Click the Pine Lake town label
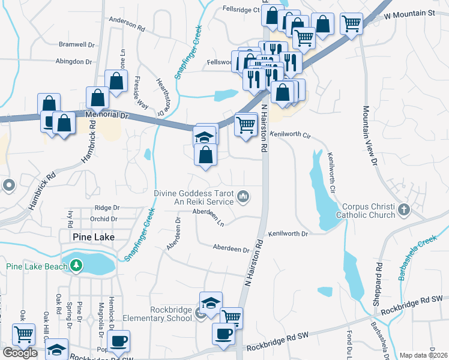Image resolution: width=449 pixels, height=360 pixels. click(93, 237)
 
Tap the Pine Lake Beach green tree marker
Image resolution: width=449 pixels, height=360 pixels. click(76, 265)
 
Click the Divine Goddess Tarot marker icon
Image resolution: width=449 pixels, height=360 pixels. click(243, 196)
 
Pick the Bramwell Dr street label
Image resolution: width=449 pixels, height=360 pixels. click(77, 44)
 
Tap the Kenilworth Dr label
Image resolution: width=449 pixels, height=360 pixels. click(288, 233)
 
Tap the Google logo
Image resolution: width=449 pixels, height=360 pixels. click(20, 353)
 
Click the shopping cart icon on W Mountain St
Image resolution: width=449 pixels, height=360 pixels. click(351, 23)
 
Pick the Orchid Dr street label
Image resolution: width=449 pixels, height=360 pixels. click(103, 218)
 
